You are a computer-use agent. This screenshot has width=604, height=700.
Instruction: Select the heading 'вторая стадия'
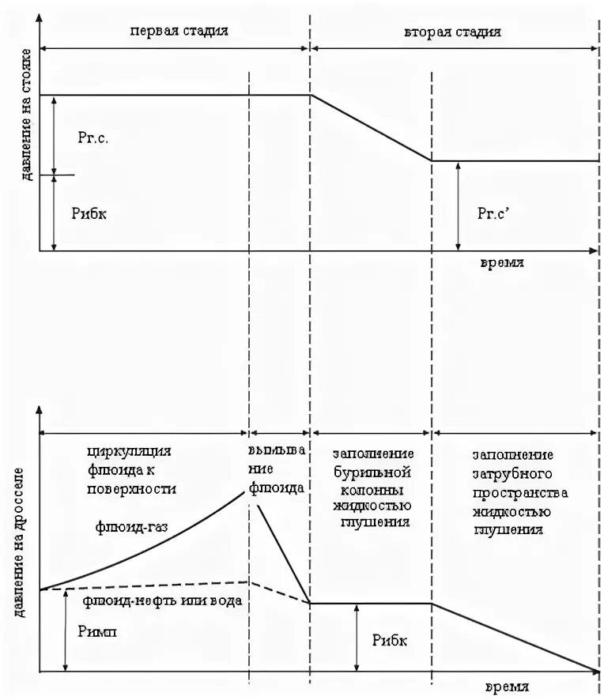(452, 32)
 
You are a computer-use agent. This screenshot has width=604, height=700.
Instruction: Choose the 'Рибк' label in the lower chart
(390, 640)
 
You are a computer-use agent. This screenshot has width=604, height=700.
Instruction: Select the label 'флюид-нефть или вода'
(162, 600)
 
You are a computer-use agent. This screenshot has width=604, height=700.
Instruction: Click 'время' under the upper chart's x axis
(500, 263)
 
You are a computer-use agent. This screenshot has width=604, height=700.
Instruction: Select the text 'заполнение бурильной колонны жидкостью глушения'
(372, 487)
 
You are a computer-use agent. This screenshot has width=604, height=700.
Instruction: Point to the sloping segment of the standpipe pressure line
(371, 128)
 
